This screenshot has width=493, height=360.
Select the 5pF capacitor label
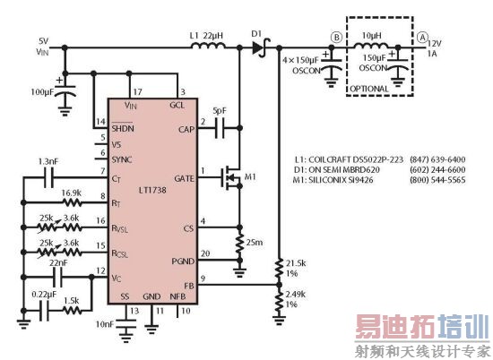click(221, 112)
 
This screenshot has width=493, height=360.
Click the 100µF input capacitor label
click(42, 92)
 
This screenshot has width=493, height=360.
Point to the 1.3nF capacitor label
click(50, 160)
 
